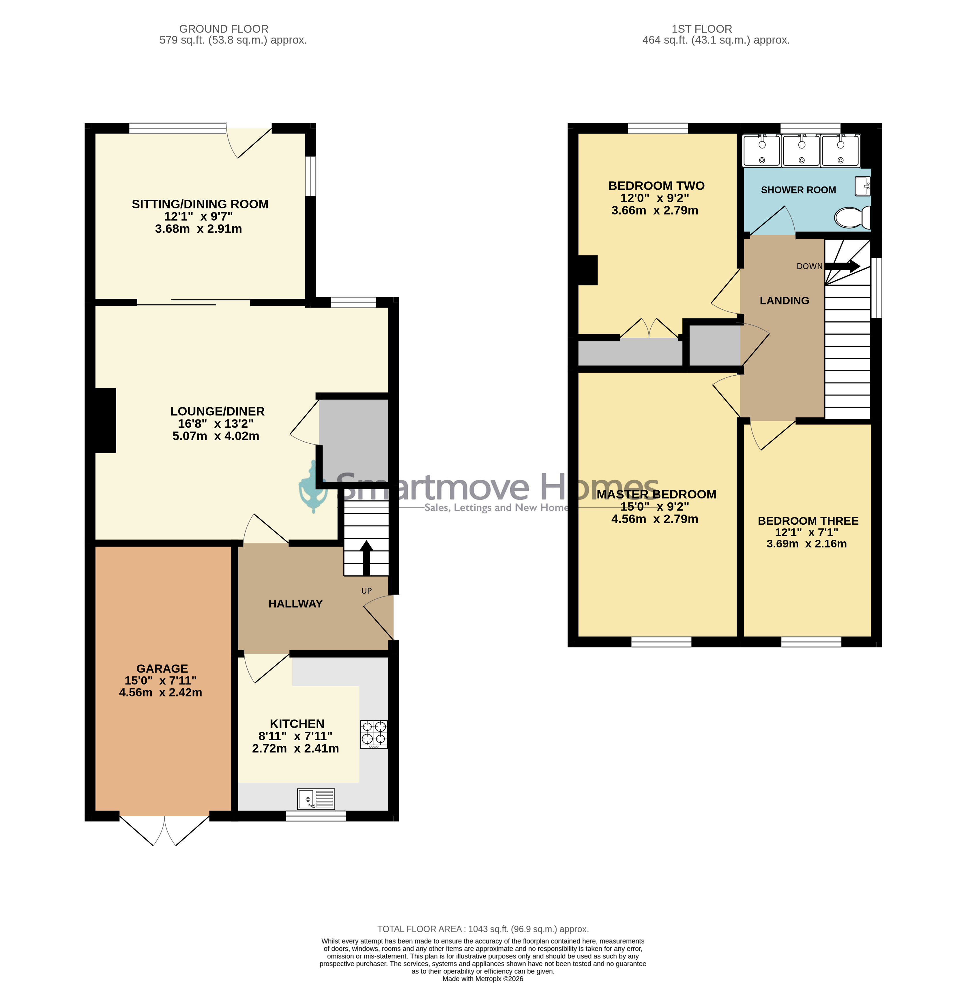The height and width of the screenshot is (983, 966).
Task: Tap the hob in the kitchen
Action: tap(374, 735)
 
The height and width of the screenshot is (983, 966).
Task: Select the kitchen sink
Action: tap(316, 799)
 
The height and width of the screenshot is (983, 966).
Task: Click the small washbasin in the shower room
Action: tap(862, 186)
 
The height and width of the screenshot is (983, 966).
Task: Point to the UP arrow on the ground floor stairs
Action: tap(366, 558)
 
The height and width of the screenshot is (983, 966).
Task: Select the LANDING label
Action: tap(784, 301)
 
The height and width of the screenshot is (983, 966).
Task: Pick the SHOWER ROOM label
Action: tap(798, 190)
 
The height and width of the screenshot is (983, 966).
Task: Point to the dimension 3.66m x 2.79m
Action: tap(654, 210)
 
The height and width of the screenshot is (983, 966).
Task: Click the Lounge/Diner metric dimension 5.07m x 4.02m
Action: tap(216, 436)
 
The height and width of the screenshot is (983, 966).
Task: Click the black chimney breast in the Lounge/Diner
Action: tap(106, 420)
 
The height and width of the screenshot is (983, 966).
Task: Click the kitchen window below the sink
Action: tap(316, 816)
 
